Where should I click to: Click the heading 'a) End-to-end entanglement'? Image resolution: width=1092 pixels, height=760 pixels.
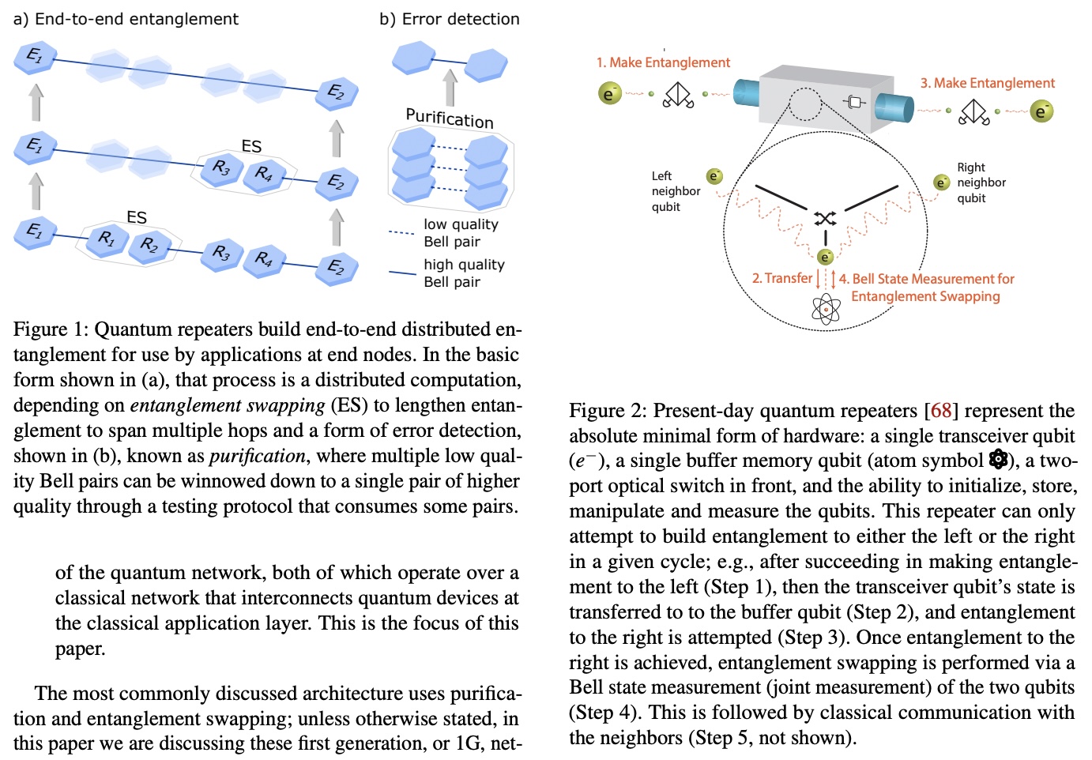[126, 19]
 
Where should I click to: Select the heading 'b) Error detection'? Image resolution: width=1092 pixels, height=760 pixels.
[449, 19]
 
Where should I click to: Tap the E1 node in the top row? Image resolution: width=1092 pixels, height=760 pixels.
[35, 58]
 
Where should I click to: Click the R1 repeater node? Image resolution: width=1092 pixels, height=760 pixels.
[107, 239]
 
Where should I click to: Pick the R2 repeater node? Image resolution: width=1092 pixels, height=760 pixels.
[149, 246]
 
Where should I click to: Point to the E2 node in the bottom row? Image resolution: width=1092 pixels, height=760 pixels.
[337, 268]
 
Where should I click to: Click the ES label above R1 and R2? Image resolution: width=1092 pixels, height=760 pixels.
[137, 217]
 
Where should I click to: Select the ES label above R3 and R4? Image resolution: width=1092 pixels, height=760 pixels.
[251, 146]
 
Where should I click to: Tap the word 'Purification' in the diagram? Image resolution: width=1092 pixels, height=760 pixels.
[449, 119]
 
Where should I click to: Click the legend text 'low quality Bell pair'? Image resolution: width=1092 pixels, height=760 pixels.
[461, 233]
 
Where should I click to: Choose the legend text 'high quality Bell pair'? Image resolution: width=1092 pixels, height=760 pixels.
[463, 273]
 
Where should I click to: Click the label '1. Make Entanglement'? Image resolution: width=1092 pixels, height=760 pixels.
[663, 62]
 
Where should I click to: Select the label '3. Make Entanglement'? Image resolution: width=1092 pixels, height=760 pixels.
[987, 83]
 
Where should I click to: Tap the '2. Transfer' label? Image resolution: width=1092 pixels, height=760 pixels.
[781, 278]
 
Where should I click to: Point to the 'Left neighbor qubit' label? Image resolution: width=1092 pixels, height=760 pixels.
[676, 191]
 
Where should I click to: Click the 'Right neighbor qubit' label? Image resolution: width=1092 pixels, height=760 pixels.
[981, 182]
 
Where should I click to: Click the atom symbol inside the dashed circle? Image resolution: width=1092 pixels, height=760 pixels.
[826, 309]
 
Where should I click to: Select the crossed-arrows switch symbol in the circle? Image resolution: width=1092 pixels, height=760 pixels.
[825, 218]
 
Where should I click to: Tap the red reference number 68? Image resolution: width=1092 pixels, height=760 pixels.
[940, 411]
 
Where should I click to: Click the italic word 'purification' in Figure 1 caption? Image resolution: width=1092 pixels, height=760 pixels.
[257, 456]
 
